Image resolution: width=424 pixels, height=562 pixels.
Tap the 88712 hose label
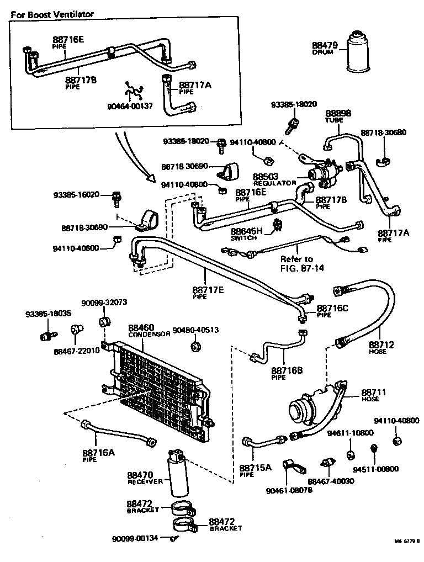[382, 348]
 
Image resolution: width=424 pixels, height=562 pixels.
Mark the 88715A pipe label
[256, 470]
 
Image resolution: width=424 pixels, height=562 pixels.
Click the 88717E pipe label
[208, 293]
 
